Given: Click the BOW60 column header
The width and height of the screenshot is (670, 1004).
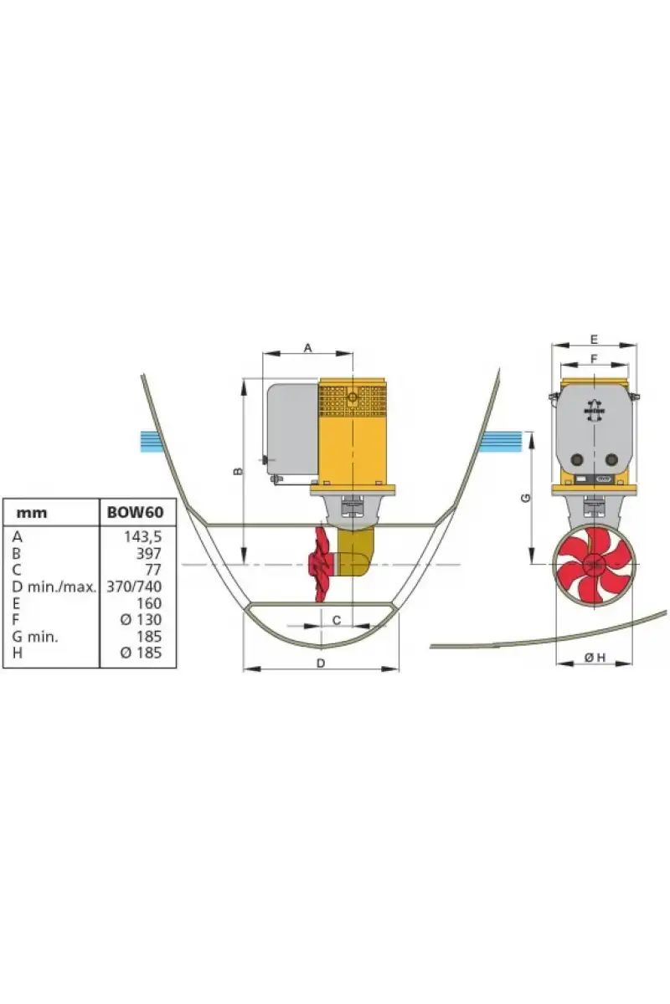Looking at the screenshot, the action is pyautogui.click(x=135, y=512).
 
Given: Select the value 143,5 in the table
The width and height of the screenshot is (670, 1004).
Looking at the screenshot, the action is pyautogui.click(x=142, y=536).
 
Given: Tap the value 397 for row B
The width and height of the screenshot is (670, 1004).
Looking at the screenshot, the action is pyautogui.click(x=148, y=554).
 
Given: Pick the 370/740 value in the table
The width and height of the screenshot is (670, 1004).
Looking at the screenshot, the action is pyautogui.click(x=134, y=587).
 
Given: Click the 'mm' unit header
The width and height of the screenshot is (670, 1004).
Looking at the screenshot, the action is pyautogui.click(x=32, y=513).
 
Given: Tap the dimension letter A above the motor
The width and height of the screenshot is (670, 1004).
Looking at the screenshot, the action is pyautogui.click(x=307, y=348).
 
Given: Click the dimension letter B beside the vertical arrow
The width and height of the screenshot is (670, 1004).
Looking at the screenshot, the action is pyautogui.click(x=239, y=471).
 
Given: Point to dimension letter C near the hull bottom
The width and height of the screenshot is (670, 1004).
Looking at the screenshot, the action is pyautogui.click(x=337, y=620).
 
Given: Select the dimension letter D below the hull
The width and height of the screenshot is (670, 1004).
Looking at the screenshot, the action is pyautogui.click(x=321, y=663).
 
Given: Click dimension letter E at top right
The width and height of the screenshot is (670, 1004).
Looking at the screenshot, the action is pyautogui.click(x=594, y=340).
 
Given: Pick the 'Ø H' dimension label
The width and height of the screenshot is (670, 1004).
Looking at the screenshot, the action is pyautogui.click(x=595, y=658).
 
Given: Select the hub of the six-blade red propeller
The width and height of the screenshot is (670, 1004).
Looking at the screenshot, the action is pyautogui.click(x=594, y=566).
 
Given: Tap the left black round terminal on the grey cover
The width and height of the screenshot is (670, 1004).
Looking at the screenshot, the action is pyautogui.click(x=576, y=459).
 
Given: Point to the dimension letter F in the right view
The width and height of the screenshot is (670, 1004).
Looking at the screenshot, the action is pyautogui.click(x=594, y=359).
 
